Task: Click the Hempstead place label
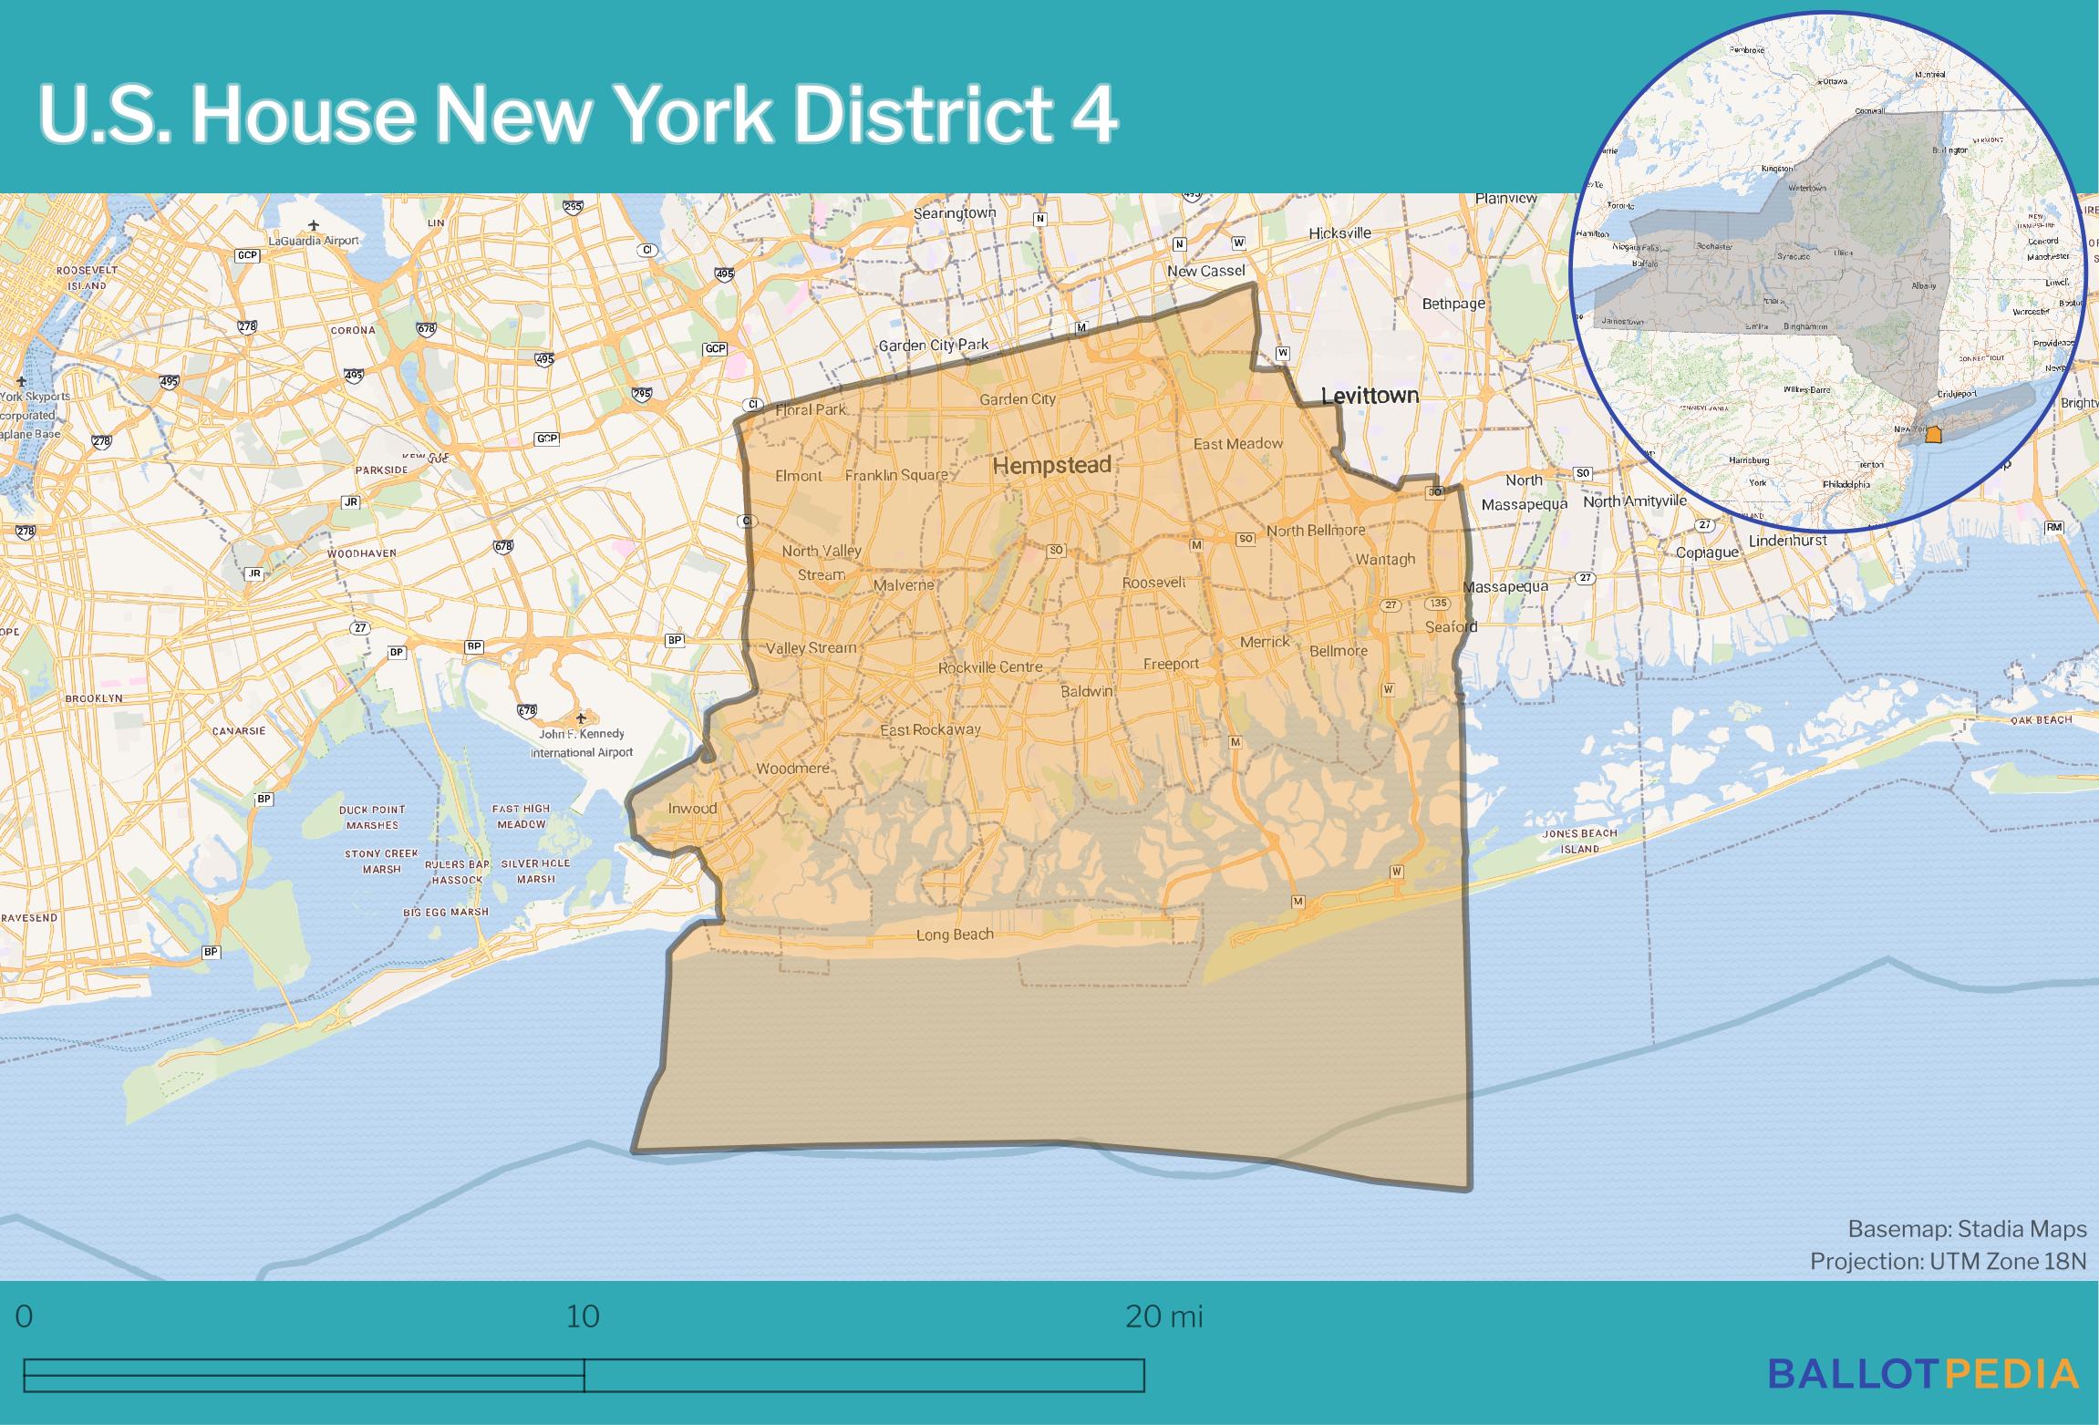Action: coord(1051,466)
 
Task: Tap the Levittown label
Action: coord(1370,396)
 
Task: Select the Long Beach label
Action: coord(955,935)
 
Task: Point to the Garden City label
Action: coord(1018,399)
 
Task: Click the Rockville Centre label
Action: coord(990,667)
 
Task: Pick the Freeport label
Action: coord(1172,664)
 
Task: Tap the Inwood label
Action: coord(692,809)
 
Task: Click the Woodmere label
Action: coord(792,769)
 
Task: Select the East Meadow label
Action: coord(1237,444)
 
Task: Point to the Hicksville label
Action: coord(1339,233)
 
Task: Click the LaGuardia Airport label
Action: coord(313,241)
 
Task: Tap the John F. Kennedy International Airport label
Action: coord(582,743)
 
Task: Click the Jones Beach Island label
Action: coord(1579,841)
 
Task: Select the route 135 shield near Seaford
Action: coord(1438,604)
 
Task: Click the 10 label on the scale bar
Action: coord(583,1317)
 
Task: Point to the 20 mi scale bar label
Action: coord(1164,1317)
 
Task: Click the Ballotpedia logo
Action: coord(1923,1374)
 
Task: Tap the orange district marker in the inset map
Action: coord(1933,435)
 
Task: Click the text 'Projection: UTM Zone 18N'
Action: coord(1948,1261)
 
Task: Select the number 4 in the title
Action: coord(1093,116)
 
